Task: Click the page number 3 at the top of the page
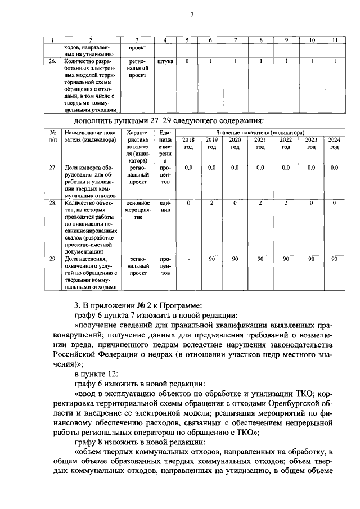pyautogui.click(x=192, y=15)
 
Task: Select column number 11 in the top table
pyautogui.click(x=334, y=40)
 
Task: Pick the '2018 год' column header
pyautogui.click(x=188, y=143)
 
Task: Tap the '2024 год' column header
pyautogui.click(x=334, y=143)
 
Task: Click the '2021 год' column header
pyautogui.click(x=260, y=143)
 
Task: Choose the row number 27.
pyautogui.click(x=52, y=168)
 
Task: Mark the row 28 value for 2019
pyautogui.click(x=211, y=202)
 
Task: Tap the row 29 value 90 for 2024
pyautogui.click(x=334, y=259)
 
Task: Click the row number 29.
pyautogui.click(x=52, y=259)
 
